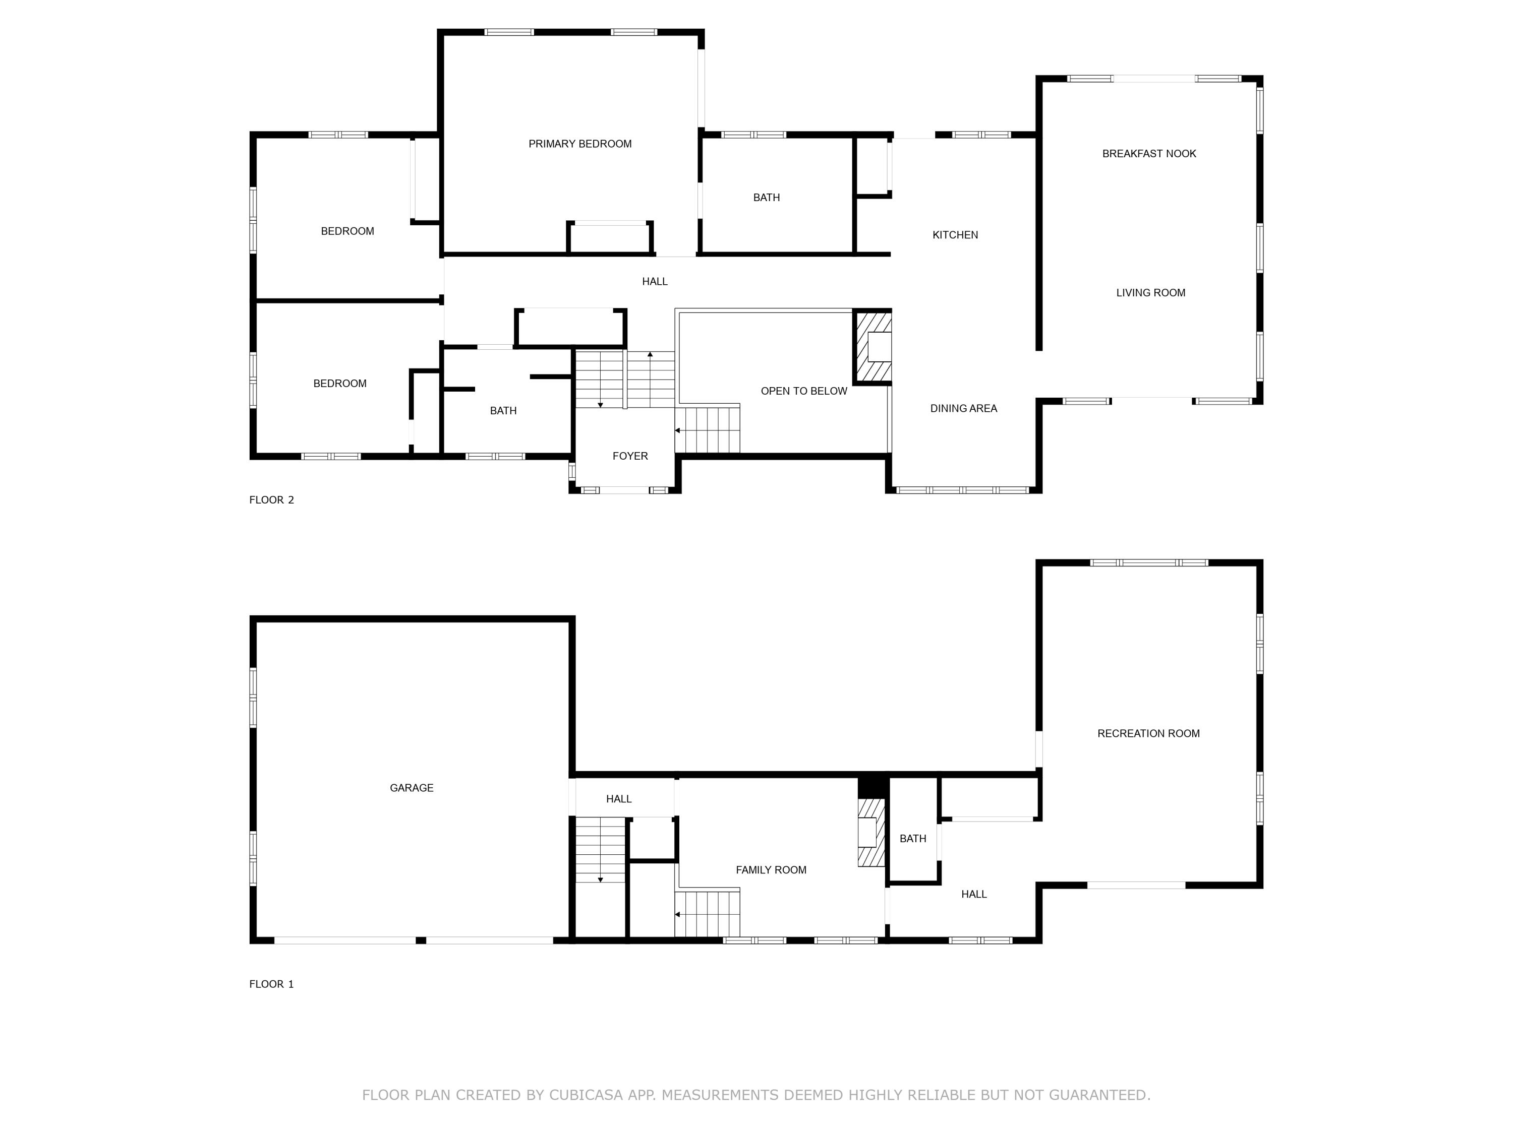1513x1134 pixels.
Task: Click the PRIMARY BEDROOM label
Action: [579, 144]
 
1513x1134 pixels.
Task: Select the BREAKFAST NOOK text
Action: [1148, 154]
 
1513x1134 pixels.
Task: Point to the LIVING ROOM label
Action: [1150, 292]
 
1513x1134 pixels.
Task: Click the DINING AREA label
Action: [963, 409]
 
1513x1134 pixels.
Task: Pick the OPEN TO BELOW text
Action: [804, 391]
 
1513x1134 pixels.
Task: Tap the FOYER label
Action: [630, 456]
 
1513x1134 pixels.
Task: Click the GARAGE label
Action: [411, 787]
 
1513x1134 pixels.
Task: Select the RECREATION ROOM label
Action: [1148, 733]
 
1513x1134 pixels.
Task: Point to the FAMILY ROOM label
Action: [771, 869]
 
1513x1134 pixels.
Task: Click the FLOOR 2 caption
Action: [271, 499]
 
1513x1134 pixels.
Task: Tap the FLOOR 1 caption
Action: [271, 984]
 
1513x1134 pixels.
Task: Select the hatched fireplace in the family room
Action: [870, 833]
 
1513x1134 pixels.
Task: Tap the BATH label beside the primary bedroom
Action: [766, 198]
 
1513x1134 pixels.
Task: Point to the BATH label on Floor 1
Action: [912, 839]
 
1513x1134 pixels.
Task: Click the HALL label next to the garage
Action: [618, 798]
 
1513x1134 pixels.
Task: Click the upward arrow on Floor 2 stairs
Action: [650, 355]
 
